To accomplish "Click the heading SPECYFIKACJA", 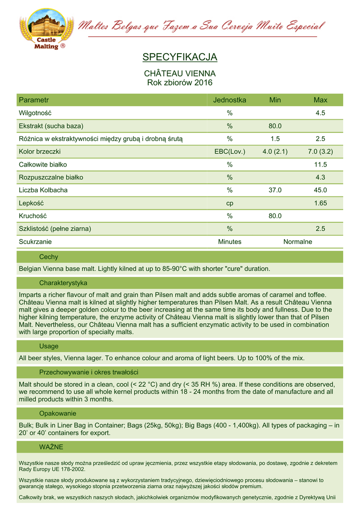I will (180, 57).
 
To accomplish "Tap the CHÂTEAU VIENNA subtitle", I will (180, 74).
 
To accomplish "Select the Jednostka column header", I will (230, 100).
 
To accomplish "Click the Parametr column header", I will (33, 100).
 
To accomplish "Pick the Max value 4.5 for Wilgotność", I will (320, 113).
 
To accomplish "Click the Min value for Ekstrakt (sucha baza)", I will (275, 126).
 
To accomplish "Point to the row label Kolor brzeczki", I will (40, 152).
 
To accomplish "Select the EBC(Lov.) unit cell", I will (230, 152).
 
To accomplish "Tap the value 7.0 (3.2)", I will (320, 152).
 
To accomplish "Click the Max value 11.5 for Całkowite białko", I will (320, 165).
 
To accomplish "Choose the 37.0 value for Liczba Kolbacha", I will (275, 190).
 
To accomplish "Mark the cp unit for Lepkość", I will (230, 203).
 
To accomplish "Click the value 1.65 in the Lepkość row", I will (320, 203).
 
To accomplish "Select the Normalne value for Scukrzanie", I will (297, 242).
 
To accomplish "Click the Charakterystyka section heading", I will (63, 283).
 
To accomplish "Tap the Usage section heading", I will (49, 346).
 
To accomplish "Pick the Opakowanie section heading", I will (57, 414).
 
